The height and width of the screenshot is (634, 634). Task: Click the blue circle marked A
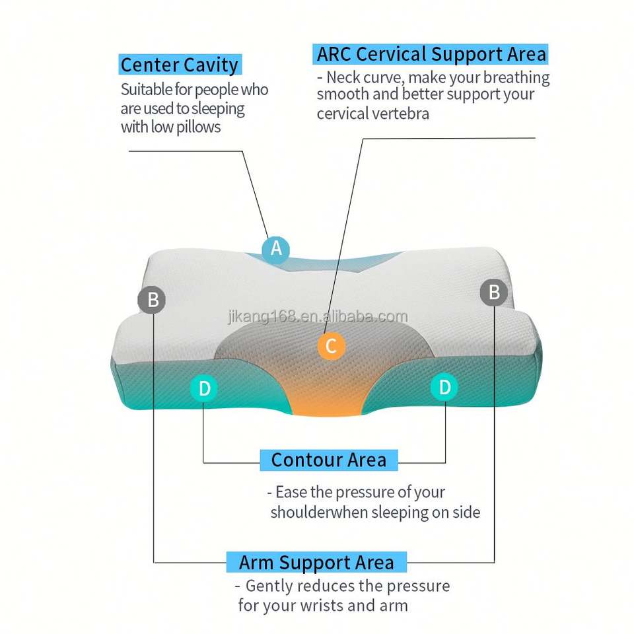(x=276, y=249)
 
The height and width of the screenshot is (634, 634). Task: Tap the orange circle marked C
(x=331, y=345)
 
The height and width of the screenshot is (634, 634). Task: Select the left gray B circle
(x=152, y=300)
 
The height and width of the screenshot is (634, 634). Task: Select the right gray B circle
(x=493, y=292)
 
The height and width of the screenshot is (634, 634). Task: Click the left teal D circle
(x=204, y=388)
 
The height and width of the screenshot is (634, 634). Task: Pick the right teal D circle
(x=444, y=387)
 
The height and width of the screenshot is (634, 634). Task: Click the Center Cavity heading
(x=179, y=65)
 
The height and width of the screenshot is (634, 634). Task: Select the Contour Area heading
(x=329, y=460)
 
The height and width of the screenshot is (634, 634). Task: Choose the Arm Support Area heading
(x=316, y=563)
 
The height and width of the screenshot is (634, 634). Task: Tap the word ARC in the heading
(x=336, y=53)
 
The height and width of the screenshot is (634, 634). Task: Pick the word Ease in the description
(x=291, y=493)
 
